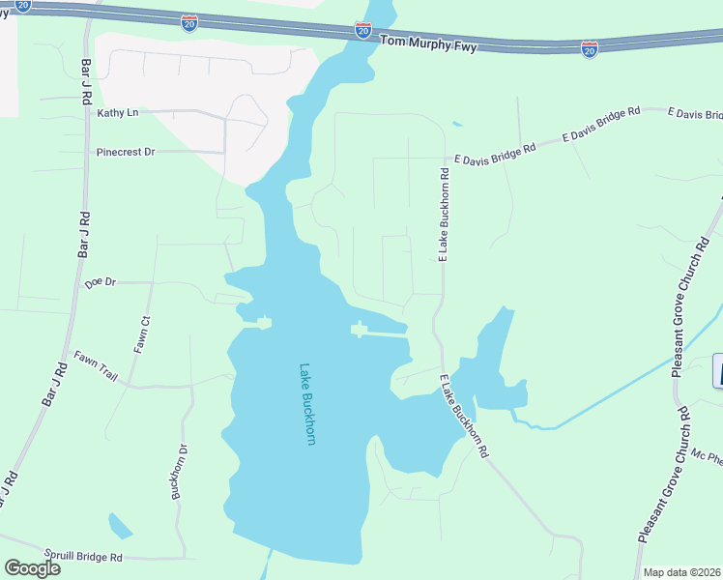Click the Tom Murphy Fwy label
pos(428,43)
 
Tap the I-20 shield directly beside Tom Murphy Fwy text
pos(362,31)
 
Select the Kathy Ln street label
pos(118,113)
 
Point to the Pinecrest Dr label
pos(126,152)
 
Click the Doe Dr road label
pos(100,283)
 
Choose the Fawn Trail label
pos(96,366)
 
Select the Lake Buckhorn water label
pos(307,403)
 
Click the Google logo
pos(32,567)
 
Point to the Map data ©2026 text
pos(681,572)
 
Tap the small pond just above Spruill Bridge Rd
pos(120,526)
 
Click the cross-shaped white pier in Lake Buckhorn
pos(360,330)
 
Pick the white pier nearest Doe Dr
pos(261,321)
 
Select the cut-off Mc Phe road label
pos(707,455)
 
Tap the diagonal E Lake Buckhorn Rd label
pos(465,416)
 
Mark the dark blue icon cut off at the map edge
pos(718,371)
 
